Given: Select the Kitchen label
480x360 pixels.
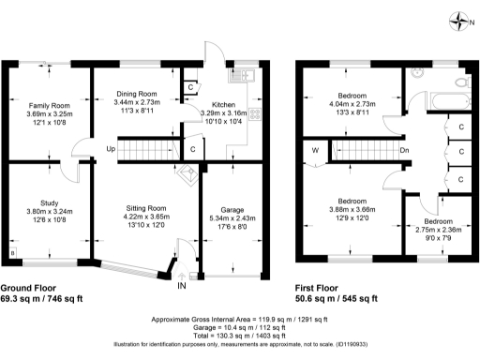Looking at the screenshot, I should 224,104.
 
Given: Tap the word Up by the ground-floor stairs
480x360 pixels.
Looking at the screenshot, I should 111,149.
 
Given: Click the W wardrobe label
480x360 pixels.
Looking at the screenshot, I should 315,149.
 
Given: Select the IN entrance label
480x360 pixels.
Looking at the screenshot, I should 182,285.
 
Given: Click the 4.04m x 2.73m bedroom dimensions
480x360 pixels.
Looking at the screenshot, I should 352,104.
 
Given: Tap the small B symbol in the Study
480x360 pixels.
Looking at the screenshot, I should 13,252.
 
